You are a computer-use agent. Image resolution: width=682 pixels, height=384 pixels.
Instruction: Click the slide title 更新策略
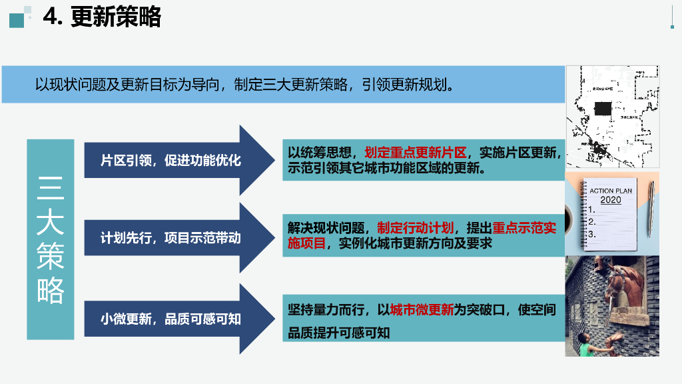pos(115,17)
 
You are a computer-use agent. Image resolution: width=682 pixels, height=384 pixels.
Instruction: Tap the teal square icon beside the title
pos(17,19)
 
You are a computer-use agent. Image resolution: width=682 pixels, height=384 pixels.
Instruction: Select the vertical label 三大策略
pos(50,239)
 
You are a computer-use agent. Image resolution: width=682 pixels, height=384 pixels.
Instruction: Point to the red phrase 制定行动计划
pos(415,227)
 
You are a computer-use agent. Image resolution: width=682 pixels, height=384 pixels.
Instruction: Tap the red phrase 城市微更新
pos(421,310)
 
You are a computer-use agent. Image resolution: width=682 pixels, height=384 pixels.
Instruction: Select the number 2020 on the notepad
pos(610,199)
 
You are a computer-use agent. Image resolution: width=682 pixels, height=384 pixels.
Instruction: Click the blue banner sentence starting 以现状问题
pos(246,85)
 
